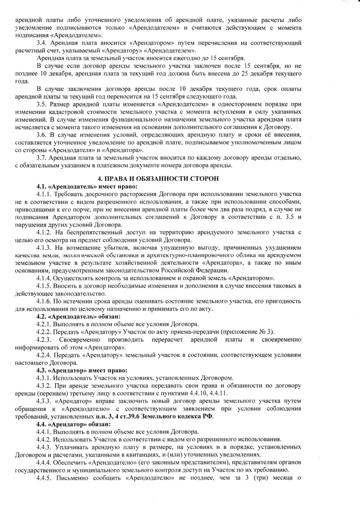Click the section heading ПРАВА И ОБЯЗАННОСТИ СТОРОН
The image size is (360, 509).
pos(180,179)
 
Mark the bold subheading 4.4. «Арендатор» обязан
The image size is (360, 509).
pos(74,425)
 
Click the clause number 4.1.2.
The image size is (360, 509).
pos(44,232)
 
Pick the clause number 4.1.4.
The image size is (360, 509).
pos(44,278)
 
